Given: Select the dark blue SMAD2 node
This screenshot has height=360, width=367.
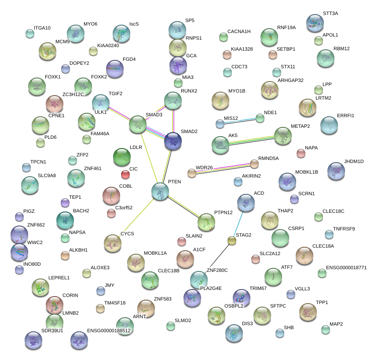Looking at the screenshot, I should [172, 141].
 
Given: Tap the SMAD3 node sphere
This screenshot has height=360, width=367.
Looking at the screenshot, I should [137, 125].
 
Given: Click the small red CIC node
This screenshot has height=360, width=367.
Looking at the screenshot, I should [125, 175].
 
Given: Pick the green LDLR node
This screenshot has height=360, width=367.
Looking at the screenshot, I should [122, 156].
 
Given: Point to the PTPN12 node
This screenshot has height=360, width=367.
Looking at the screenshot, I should [206, 222].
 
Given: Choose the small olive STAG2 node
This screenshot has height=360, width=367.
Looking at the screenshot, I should [232, 241].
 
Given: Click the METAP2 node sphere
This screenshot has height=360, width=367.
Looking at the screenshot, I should [283, 136].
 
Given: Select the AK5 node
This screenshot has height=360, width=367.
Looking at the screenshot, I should [220, 145].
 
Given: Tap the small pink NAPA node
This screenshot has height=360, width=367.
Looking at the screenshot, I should [301, 153].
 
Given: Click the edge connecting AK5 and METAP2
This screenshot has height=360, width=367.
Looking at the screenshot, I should [251, 140].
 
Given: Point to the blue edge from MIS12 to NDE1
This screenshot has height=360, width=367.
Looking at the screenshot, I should [240, 120].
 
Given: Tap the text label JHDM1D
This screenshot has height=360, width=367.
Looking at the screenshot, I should [354, 162].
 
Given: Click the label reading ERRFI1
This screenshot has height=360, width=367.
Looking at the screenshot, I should [345, 115].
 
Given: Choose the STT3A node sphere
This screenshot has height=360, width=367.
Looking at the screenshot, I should [315, 22].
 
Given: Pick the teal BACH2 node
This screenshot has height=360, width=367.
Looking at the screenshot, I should [65, 220].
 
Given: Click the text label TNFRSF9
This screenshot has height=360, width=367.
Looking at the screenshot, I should [344, 229].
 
